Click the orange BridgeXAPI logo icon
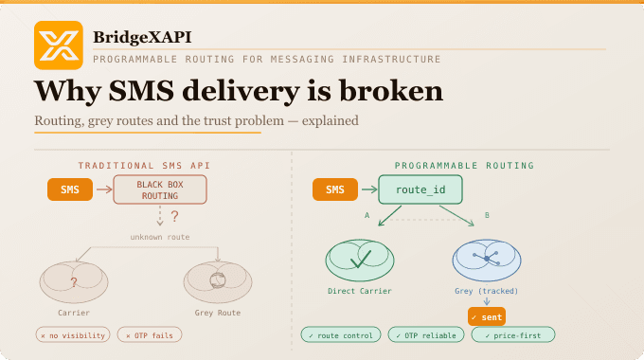point(59,45)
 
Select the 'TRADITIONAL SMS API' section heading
point(144,165)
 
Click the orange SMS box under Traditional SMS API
point(70,189)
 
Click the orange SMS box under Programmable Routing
point(335,189)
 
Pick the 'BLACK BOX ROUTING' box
point(160,189)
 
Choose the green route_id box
point(420,189)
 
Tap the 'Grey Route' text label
point(218,313)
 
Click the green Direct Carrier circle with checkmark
point(360,259)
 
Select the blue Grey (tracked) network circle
point(487,259)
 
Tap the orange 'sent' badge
point(487,316)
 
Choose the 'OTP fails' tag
point(151,334)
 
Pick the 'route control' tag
point(340,334)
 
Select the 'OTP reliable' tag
point(425,334)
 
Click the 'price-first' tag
point(512,334)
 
